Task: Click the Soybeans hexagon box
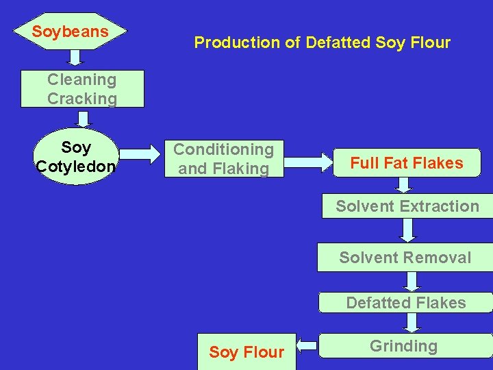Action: [71, 32]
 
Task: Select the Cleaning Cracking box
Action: [82, 89]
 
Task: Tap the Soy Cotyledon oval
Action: [76, 157]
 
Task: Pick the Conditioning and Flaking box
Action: [223, 159]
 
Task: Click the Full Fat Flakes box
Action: [407, 163]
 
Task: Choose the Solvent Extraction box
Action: [407, 206]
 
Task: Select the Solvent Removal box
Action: [405, 258]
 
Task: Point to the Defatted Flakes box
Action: [406, 303]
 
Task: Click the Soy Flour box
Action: [246, 352]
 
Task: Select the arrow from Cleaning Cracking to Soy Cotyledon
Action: [84, 119]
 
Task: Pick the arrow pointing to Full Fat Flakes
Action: [307, 162]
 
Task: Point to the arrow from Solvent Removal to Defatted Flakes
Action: [411, 280]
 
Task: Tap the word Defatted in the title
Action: [338, 42]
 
